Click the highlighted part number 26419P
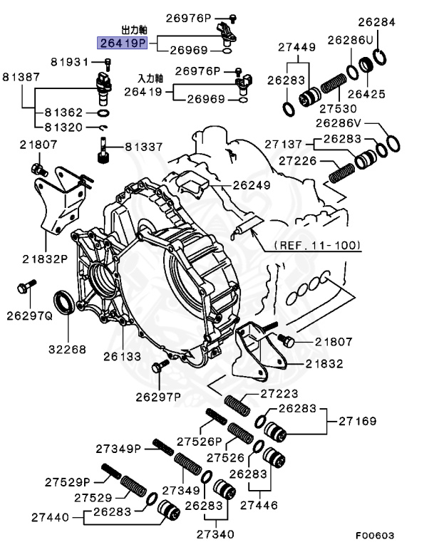click(x=123, y=43)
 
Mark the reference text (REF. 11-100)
click(x=316, y=246)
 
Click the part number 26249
click(x=252, y=185)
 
